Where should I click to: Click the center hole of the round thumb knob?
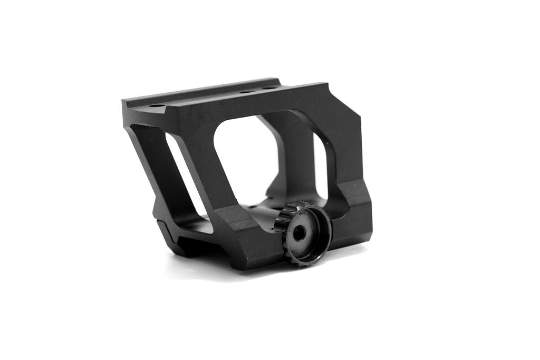[x=299, y=233]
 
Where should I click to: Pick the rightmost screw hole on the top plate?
[x=269, y=88]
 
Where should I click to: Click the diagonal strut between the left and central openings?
[x=198, y=158]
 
